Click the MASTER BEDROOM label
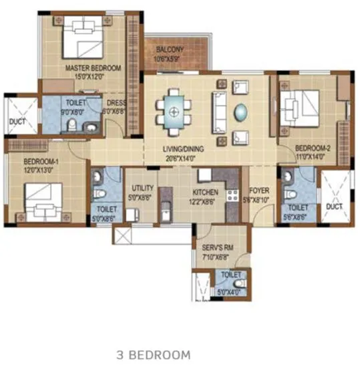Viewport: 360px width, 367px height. (x=92, y=68)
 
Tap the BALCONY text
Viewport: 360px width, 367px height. (x=170, y=50)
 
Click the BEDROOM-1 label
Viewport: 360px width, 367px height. (x=41, y=162)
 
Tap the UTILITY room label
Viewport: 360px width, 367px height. (x=143, y=189)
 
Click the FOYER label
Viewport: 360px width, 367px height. (x=258, y=190)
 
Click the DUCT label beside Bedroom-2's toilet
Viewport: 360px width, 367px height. (x=333, y=207)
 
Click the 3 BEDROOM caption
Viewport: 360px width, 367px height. (x=153, y=354)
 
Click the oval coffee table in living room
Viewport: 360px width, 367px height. (x=240, y=109)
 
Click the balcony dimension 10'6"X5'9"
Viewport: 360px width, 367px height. (x=170, y=59)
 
